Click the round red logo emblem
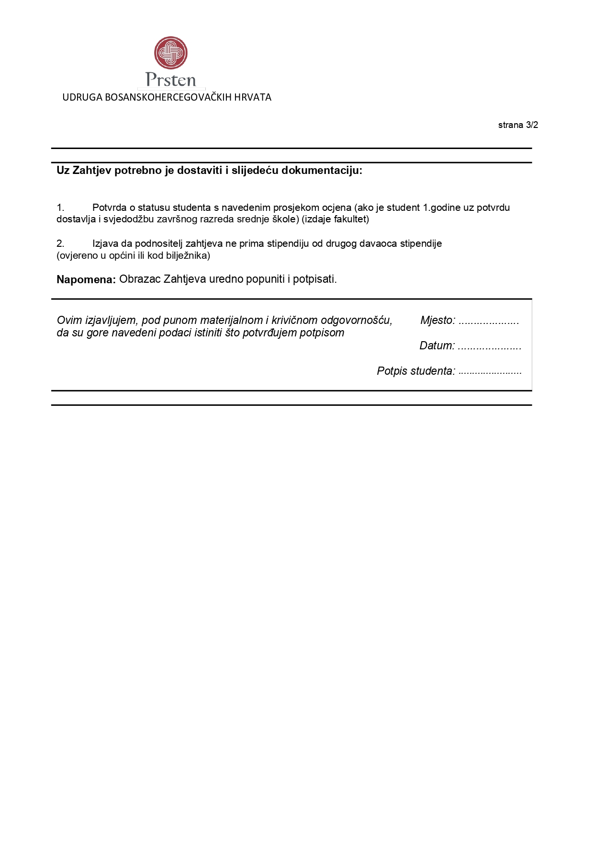[x=171, y=53]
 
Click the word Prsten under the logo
[x=171, y=80]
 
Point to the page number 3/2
[x=532, y=125]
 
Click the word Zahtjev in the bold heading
[x=91, y=171]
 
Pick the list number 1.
[x=60, y=208]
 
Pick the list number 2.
[x=60, y=244]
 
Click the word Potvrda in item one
[x=110, y=208]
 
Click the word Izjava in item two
[x=105, y=244]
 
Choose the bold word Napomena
[x=86, y=280]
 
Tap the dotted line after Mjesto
[x=489, y=321]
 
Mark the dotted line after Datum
[x=489, y=346]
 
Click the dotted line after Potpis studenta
[x=490, y=372]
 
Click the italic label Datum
[x=437, y=346]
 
